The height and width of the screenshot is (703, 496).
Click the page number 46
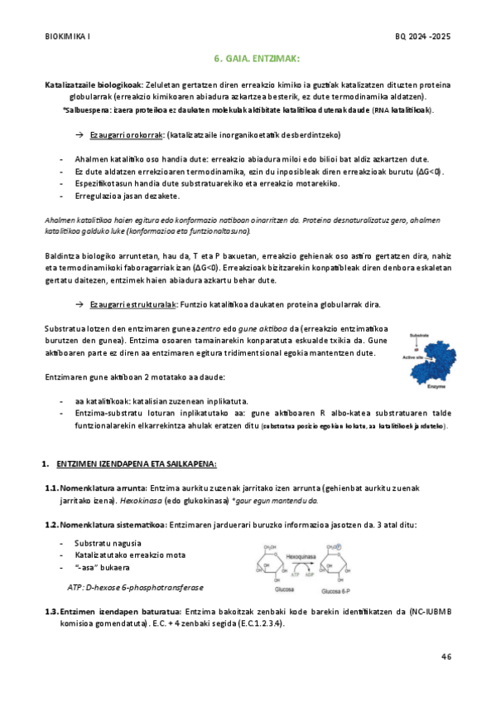pyautogui.click(x=446, y=657)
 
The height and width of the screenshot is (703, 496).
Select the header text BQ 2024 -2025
pyautogui.click(x=424, y=37)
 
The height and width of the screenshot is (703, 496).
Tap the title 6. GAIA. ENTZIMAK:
pyautogui.click(x=250, y=60)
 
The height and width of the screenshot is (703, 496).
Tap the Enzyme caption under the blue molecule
pyautogui.click(x=435, y=387)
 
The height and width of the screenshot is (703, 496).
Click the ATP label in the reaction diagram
pyautogui.click(x=292, y=571)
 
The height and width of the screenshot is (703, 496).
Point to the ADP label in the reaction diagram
pyautogui.click(x=310, y=571)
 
